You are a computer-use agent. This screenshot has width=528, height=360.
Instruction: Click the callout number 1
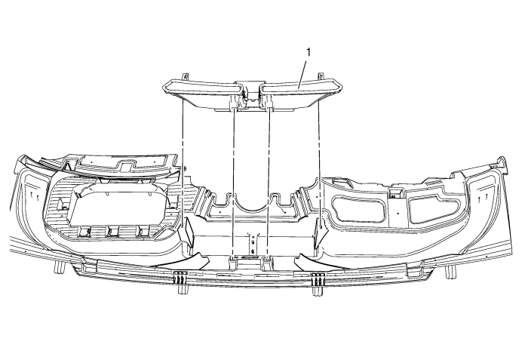pyautogui.click(x=308, y=52)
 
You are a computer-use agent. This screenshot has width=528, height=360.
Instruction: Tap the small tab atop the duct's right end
pyautogui.click(x=321, y=75)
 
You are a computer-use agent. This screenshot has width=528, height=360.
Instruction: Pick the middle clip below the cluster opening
pyautogui.click(x=113, y=231)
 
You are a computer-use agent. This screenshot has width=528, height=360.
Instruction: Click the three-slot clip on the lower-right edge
pyautogui.click(x=318, y=278)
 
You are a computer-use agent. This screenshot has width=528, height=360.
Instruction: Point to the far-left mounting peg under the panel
pyautogui.click(x=59, y=267)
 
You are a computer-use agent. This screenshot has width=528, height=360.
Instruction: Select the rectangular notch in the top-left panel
pyautogui.click(x=126, y=166)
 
